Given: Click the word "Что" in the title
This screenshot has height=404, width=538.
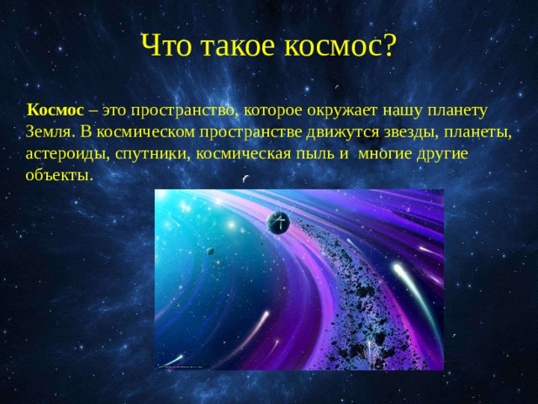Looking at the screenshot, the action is click(x=166, y=45).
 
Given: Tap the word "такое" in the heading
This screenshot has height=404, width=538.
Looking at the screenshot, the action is click(x=237, y=46).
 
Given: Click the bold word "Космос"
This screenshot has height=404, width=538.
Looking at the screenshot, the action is click(x=55, y=110).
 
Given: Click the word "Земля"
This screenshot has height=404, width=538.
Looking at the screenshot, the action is click(x=48, y=133).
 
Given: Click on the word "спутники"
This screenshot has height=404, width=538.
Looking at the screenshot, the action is click(x=153, y=155).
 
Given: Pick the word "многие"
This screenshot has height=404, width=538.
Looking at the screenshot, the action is click(x=385, y=155).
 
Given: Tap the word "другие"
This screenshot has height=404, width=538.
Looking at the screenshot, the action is click(x=442, y=155).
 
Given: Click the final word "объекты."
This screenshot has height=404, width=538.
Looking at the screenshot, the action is click(x=60, y=175).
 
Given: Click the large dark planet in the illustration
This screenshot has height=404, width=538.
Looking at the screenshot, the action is click(x=278, y=222).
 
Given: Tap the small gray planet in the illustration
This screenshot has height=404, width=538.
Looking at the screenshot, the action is click(x=210, y=251).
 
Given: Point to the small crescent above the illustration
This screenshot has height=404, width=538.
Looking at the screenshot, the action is click(x=245, y=178).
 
